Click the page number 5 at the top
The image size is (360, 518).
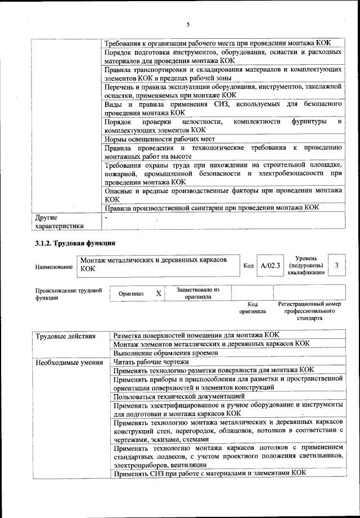(188, 24)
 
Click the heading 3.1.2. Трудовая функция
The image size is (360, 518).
(76, 244)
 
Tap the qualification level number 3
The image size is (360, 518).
(336, 265)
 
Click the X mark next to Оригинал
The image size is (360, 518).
(159, 293)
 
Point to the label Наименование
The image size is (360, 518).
(53, 267)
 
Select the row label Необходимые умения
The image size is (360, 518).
(65, 362)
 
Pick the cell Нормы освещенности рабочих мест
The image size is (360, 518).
(160, 139)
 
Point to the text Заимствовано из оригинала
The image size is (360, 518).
(197, 293)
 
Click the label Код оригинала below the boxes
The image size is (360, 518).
(252, 307)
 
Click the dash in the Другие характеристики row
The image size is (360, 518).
(106, 216)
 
